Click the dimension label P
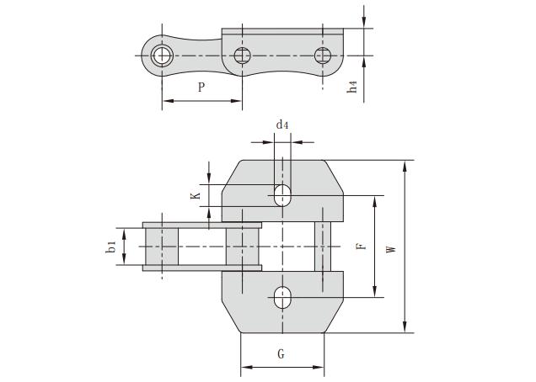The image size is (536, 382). (200, 88)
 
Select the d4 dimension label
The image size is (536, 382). (282, 125)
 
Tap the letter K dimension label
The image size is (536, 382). (195, 195)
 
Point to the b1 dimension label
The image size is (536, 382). (110, 247)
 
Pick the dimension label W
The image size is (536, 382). (390, 249)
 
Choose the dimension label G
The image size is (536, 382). (281, 354)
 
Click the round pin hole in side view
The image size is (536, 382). (162, 56)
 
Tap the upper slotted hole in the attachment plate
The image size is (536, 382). (282, 195)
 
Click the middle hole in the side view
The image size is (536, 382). (243, 56)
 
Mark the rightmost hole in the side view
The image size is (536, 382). (323, 56)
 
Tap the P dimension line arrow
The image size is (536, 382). (201, 101)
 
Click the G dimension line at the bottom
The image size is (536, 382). (282, 367)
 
